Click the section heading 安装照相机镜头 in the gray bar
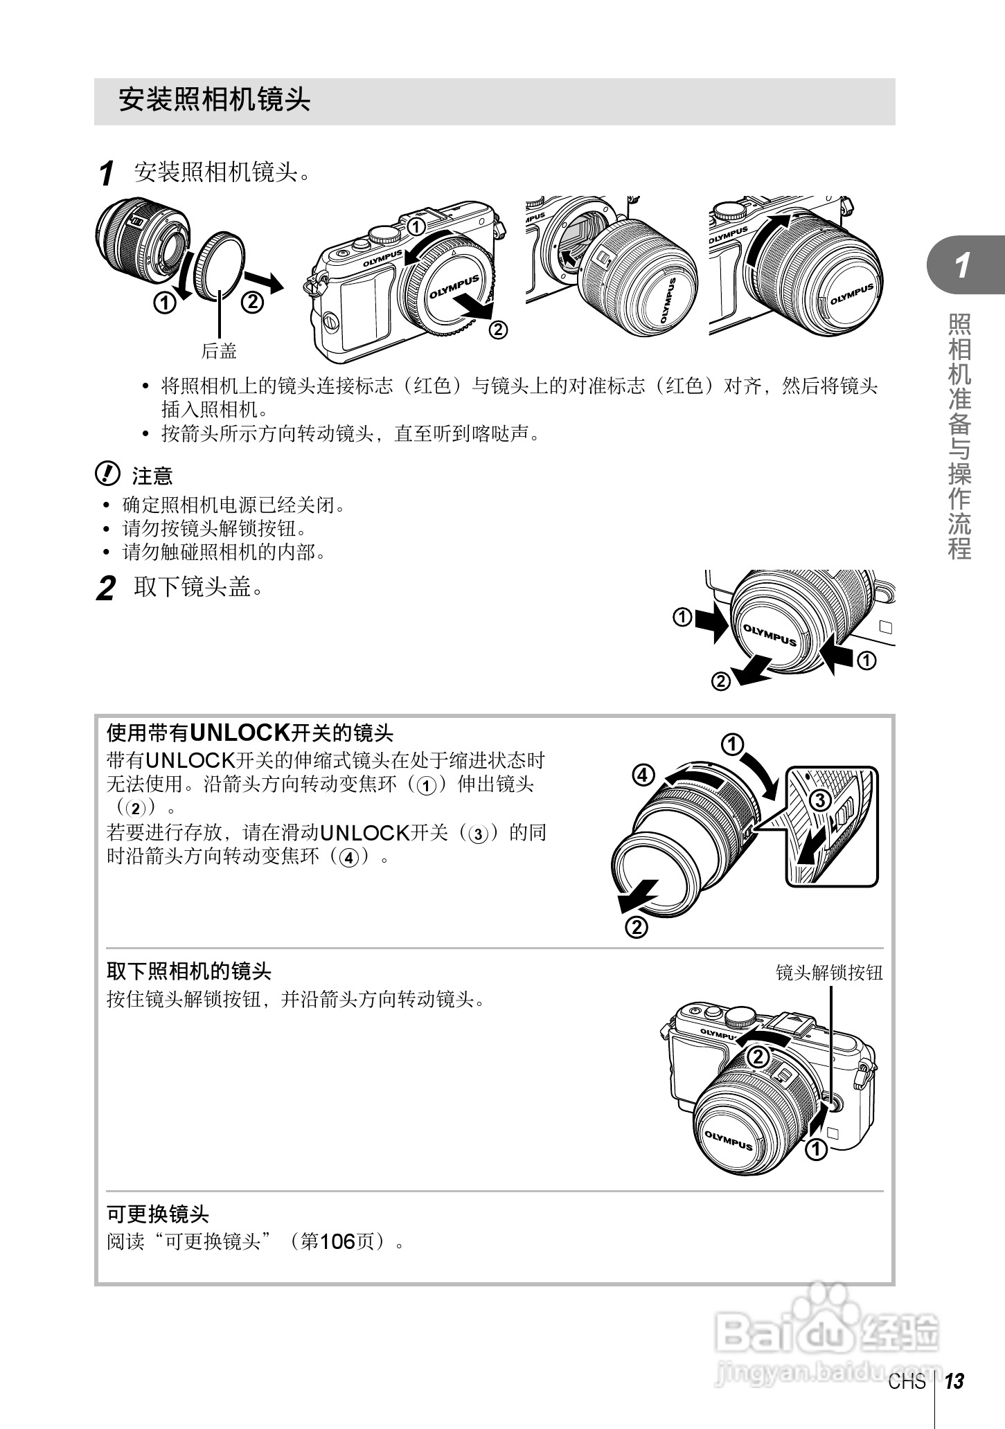[214, 100]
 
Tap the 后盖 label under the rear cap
[219, 352]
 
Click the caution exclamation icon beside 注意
[106, 474]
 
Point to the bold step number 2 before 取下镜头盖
[105, 589]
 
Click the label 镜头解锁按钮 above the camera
[829, 973]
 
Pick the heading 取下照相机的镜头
[188, 971]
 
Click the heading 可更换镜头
[158, 1214]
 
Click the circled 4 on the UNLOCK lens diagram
[643, 775]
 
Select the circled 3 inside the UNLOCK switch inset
[820, 801]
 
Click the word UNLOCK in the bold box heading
[239, 732]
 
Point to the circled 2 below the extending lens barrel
[636, 927]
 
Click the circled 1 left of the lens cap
[682, 617]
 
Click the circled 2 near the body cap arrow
[497, 330]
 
